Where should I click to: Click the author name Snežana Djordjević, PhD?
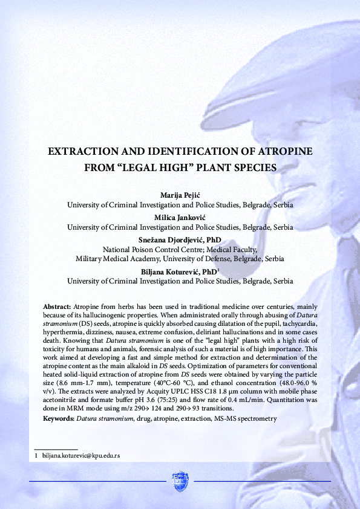[x=180, y=240]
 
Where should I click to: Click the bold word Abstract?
[x=57, y=300]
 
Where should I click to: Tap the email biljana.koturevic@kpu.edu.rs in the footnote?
[x=81, y=455]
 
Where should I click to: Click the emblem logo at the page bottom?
[x=180, y=481]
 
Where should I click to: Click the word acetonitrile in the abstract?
[x=64, y=399]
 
